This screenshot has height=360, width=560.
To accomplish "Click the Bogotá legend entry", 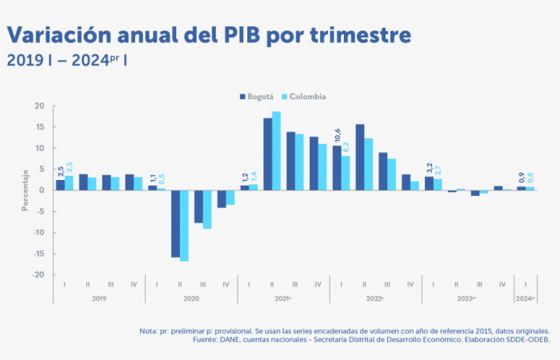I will [x=260, y=97].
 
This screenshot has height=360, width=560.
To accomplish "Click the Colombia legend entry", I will [x=306, y=97].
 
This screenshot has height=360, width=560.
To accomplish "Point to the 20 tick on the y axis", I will [x=39, y=106].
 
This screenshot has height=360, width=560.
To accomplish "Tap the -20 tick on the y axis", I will [x=38, y=275].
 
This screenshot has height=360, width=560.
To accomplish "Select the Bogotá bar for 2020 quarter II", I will [x=175, y=224].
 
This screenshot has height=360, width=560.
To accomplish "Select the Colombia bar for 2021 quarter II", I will [x=276, y=150].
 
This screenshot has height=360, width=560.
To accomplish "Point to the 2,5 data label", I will [x=60, y=170].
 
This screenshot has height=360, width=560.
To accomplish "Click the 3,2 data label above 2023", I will [x=429, y=167].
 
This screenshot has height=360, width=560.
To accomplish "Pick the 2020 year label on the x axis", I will [x=191, y=298].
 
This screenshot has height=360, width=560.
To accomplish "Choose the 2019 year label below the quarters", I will [x=99, y=298].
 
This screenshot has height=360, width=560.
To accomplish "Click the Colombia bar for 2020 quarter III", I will [x=207, y=210].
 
